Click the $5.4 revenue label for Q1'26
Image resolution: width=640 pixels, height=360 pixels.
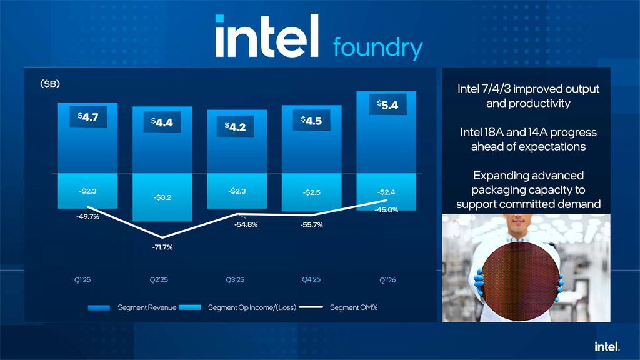click(387, 105)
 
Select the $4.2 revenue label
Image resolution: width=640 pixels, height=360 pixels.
click(236, 127)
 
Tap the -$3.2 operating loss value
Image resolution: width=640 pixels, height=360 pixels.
click(162, 197)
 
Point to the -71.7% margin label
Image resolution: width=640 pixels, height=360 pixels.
click(161, 247)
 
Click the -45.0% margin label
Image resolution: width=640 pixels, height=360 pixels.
click(386, 210)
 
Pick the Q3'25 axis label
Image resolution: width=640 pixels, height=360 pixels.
click(236, 280)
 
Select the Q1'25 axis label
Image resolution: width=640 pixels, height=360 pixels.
click(82, 280)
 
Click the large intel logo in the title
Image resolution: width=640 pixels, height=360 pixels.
click(267, 37)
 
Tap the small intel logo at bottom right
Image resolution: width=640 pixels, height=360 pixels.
click(606, 346)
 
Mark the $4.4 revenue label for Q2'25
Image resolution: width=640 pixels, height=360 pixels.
click(162, 123)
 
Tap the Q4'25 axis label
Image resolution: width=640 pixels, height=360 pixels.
click(311, 280)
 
